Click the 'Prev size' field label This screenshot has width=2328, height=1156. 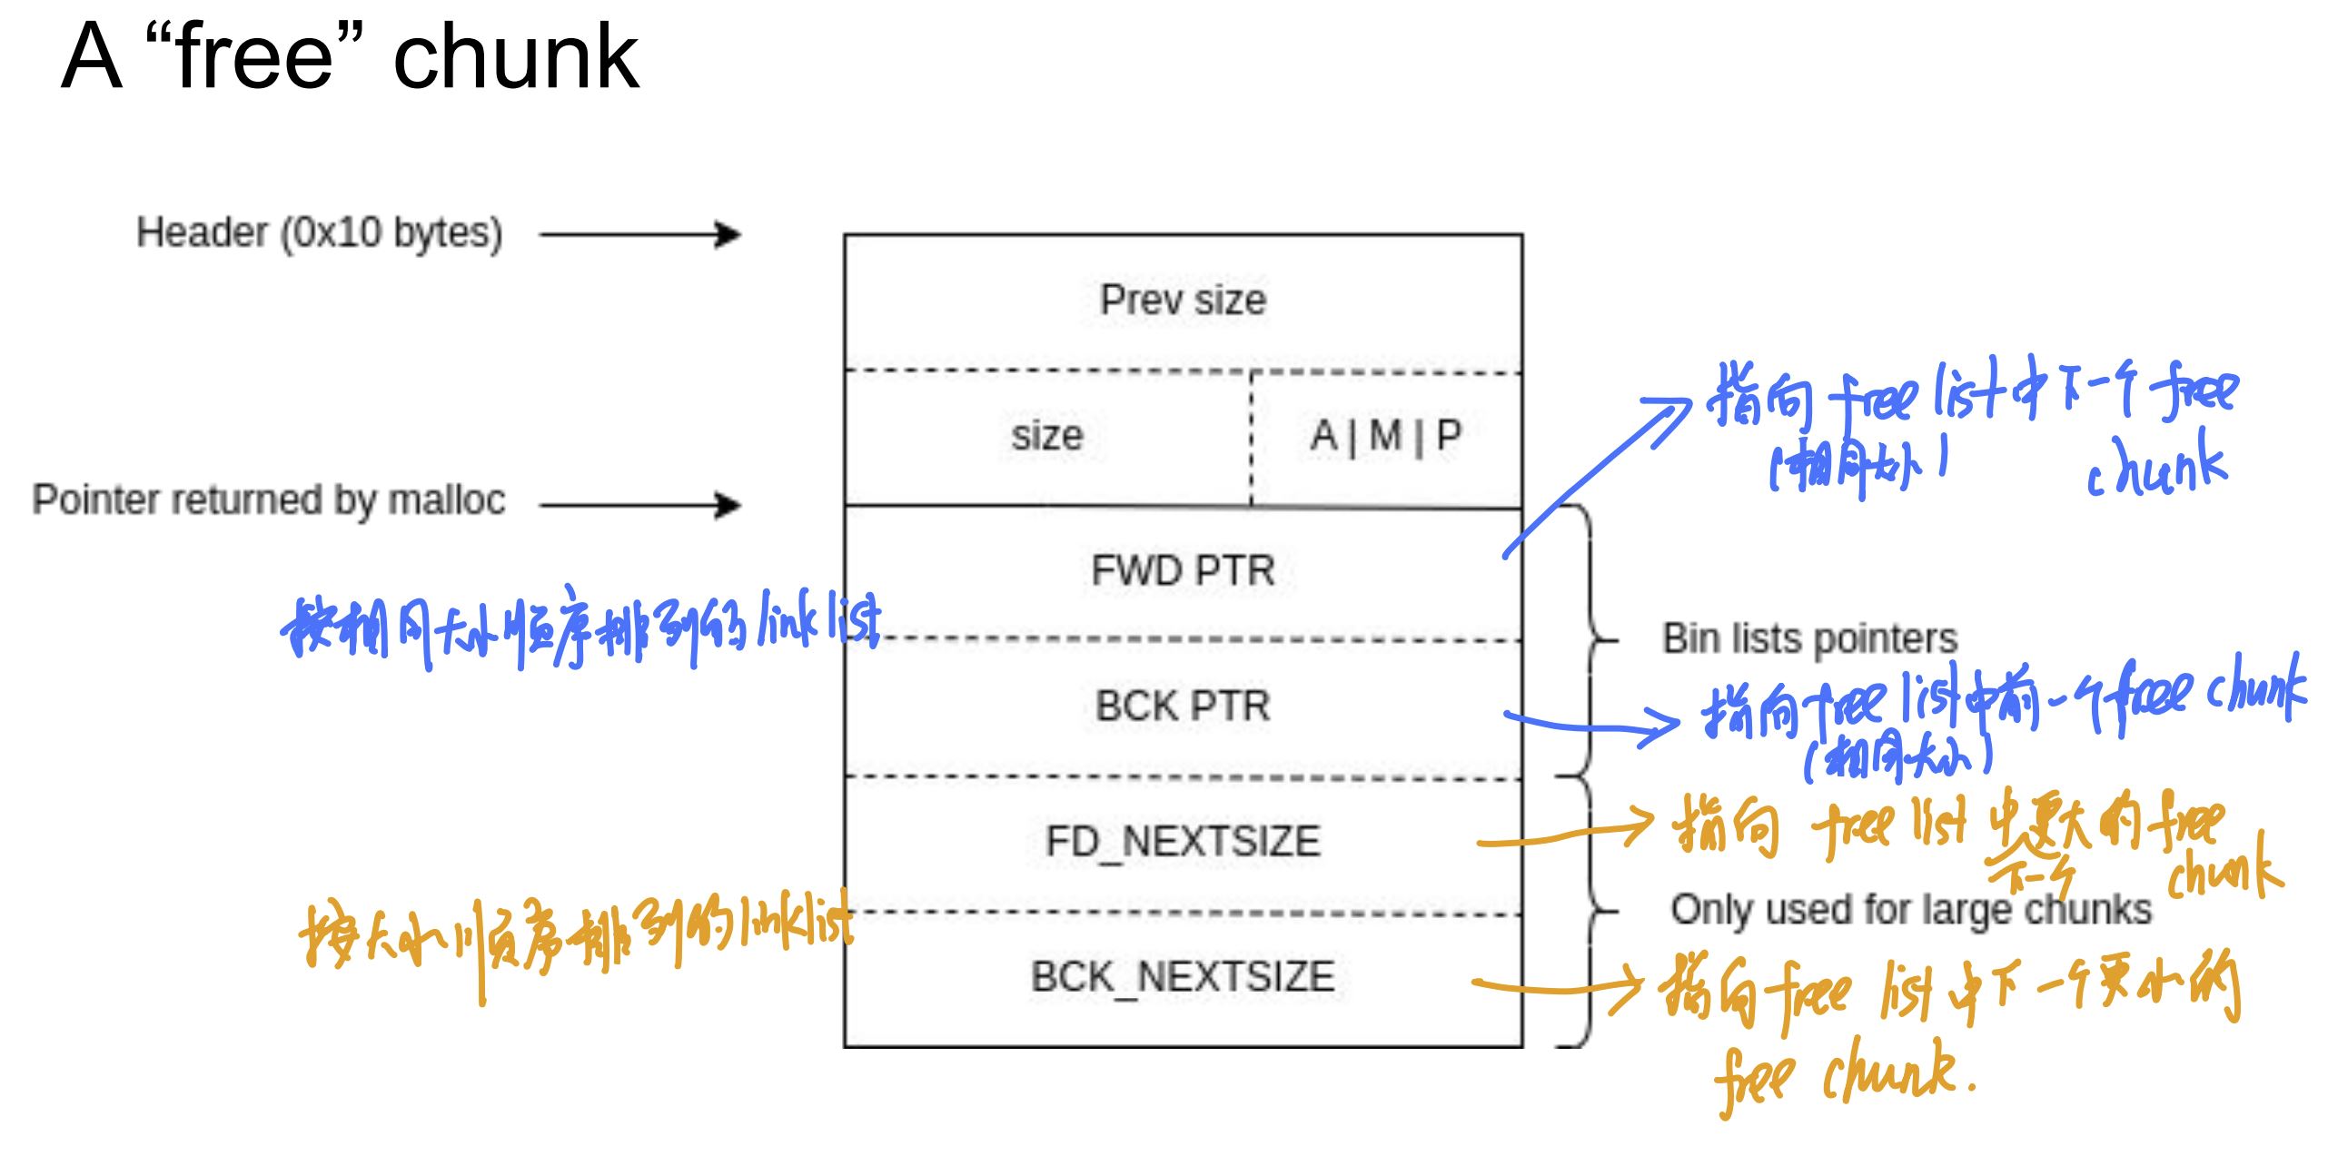(x=1183, y=301)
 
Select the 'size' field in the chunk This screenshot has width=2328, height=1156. (x=1047, y=436)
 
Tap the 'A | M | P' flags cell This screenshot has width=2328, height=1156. (x=1385, y=436)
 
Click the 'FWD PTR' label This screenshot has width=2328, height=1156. (x=1183, y=571)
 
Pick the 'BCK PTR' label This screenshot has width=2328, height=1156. (x=1183, y=706)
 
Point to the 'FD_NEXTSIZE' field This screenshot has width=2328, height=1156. (x=1183, y=842)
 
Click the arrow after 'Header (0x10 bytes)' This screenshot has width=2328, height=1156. (x=640, y=235)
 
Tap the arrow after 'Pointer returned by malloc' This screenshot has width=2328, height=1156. (x=640, y=505)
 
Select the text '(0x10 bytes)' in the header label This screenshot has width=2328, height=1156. (x=391, y=233)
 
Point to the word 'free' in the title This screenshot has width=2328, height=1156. (x=255, y=57)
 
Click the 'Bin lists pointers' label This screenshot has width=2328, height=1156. (x=1809, y=638)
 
